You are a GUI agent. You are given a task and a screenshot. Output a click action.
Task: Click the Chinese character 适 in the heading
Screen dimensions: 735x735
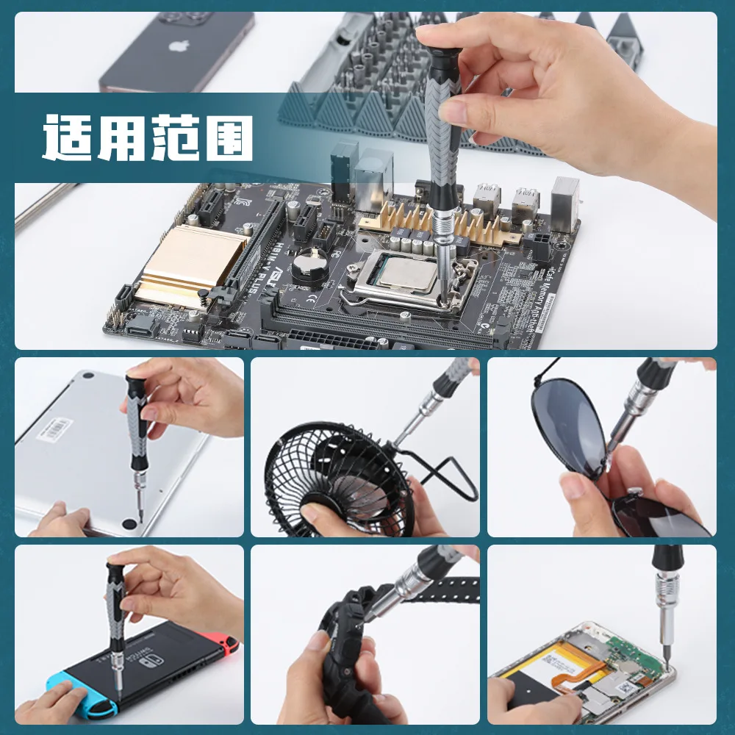point(68,137)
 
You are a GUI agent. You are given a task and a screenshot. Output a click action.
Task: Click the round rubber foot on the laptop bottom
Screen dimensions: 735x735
point(131,524)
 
